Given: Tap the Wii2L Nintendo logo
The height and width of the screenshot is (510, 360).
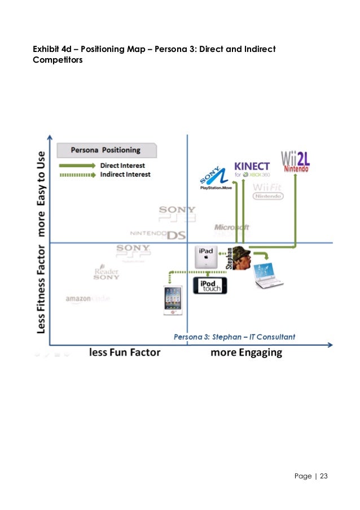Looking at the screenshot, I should point(296,161).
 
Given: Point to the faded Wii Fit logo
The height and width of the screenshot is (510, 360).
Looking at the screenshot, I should point(268,191).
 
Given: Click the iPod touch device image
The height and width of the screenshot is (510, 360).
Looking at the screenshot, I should point(210,285).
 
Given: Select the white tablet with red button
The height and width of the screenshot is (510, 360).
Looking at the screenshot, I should point(172,299).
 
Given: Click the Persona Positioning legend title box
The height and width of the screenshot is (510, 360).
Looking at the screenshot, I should point(106,150).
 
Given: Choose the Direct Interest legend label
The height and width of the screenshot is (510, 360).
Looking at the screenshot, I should point(122,165).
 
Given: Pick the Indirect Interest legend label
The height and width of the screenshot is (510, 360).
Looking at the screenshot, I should point(125,175).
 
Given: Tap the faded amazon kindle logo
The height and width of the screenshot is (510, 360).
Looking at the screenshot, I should point(87,299).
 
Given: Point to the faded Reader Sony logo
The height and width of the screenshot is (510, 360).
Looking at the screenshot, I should point(106,273).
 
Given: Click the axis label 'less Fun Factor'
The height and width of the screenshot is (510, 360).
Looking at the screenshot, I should point(125,352).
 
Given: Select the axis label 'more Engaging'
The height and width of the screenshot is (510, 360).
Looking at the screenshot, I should point(246,352).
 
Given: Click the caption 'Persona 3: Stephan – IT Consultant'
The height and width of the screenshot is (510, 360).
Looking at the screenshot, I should point(234,337).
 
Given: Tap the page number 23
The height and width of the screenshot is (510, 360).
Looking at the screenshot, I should point(323,476).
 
